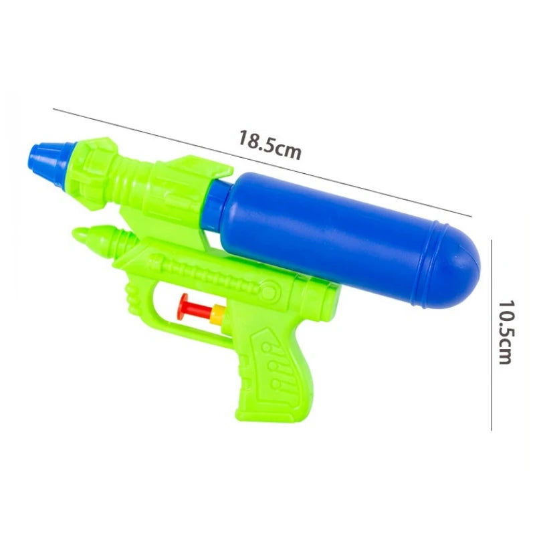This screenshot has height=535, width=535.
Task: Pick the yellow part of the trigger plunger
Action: [x=219, y=311]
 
